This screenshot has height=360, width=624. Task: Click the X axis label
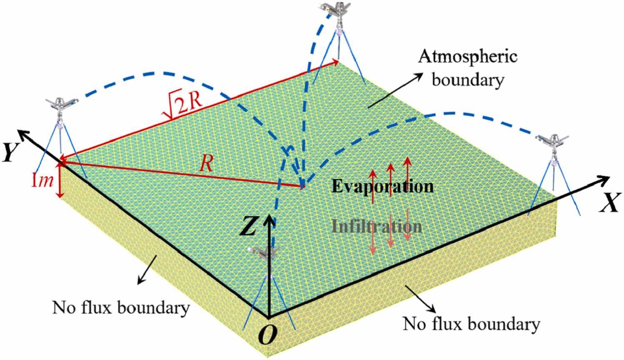click(609, 203)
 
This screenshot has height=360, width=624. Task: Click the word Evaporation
click(382, 186)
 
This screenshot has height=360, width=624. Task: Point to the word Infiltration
click(376, 227)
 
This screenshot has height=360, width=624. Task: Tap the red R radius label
click(206, 164)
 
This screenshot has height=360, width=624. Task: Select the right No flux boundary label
click(471, 323)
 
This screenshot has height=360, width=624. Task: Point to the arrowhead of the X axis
click(604, 180)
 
